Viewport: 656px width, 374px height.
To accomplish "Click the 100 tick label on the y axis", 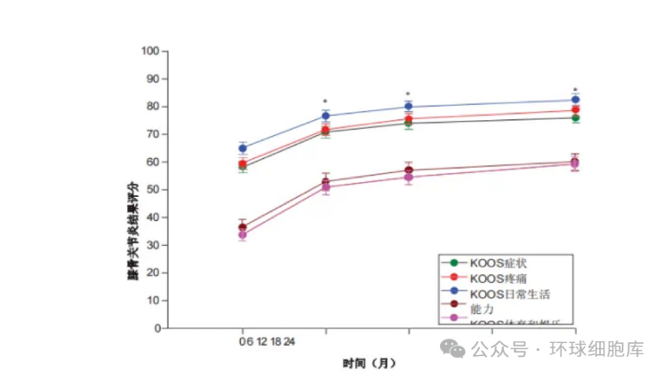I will point(152,51).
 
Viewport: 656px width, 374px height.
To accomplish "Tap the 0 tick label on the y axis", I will point(158,328).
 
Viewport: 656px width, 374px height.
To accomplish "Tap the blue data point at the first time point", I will point(242,148).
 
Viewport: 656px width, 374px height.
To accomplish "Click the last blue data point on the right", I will point(575,100).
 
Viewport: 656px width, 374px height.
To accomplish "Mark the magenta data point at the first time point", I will point(242,235).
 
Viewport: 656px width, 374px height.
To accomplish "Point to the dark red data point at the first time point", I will point(242,227).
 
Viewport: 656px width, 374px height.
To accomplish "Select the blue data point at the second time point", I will point(325,115).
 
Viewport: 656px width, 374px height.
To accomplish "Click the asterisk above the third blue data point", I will point(408,94).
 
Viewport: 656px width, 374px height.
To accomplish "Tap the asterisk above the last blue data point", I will point(575,89).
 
